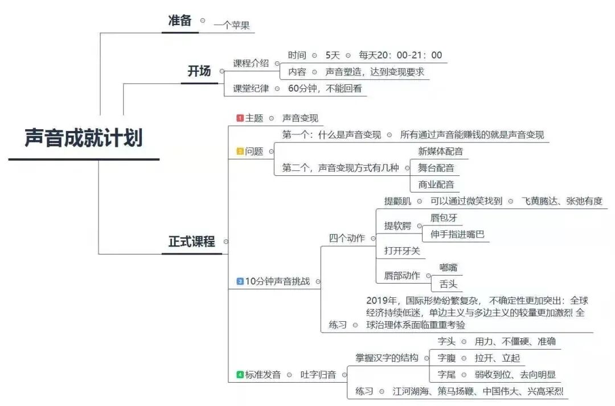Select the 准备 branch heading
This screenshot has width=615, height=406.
coord(180,20)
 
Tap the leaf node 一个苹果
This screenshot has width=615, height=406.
coord(232,25)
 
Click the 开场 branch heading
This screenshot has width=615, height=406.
coord(199,71)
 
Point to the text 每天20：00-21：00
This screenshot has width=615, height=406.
coord(400,55)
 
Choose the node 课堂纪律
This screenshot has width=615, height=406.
coord(251,88)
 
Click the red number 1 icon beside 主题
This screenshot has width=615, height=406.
coord(240,118)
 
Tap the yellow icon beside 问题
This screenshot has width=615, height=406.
coord(240,151)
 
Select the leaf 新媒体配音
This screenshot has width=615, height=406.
coord(440,151)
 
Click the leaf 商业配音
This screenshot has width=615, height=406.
coord(436,184)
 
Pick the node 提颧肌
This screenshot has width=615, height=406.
coord(397,201)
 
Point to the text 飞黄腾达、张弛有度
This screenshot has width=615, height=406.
coord(561,201)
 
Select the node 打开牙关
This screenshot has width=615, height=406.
coord(401,251)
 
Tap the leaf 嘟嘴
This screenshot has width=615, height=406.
coord(448,267)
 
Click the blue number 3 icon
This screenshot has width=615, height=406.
coord(240,281)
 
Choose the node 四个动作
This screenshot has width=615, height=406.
coord(347,238)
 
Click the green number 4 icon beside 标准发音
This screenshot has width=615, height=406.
coord(240,375)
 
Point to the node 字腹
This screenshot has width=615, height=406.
coord(446,358)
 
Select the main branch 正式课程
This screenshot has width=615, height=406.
coord(192,241)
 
